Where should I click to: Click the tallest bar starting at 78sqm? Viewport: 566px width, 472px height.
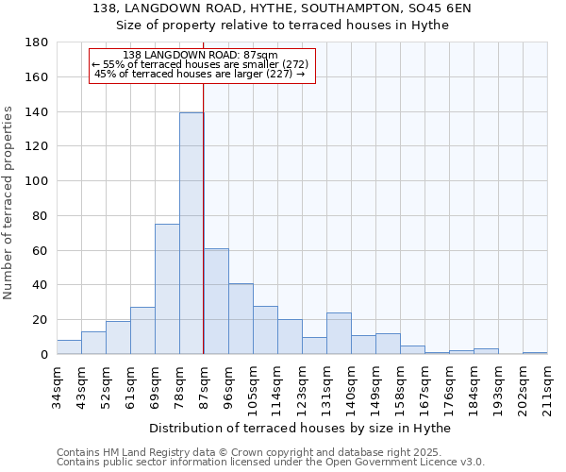coord(191,233)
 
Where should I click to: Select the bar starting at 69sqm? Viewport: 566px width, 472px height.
coord(167,289)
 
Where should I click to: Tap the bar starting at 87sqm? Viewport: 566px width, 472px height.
coord(216,301)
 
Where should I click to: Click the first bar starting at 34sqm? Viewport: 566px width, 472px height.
coord(69,346)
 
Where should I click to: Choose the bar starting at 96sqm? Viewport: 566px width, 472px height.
coord(241,319)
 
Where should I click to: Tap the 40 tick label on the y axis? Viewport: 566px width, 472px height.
coord(41,285)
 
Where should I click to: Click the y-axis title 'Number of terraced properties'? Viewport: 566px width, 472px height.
coord(8,202)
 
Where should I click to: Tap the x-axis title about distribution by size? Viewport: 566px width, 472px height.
coord(300,429)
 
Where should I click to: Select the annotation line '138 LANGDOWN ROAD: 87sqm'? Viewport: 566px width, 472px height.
coord(200,56)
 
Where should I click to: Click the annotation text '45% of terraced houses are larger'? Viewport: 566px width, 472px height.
coord(200,74)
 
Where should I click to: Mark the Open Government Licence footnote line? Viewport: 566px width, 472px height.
coord(271,463)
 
